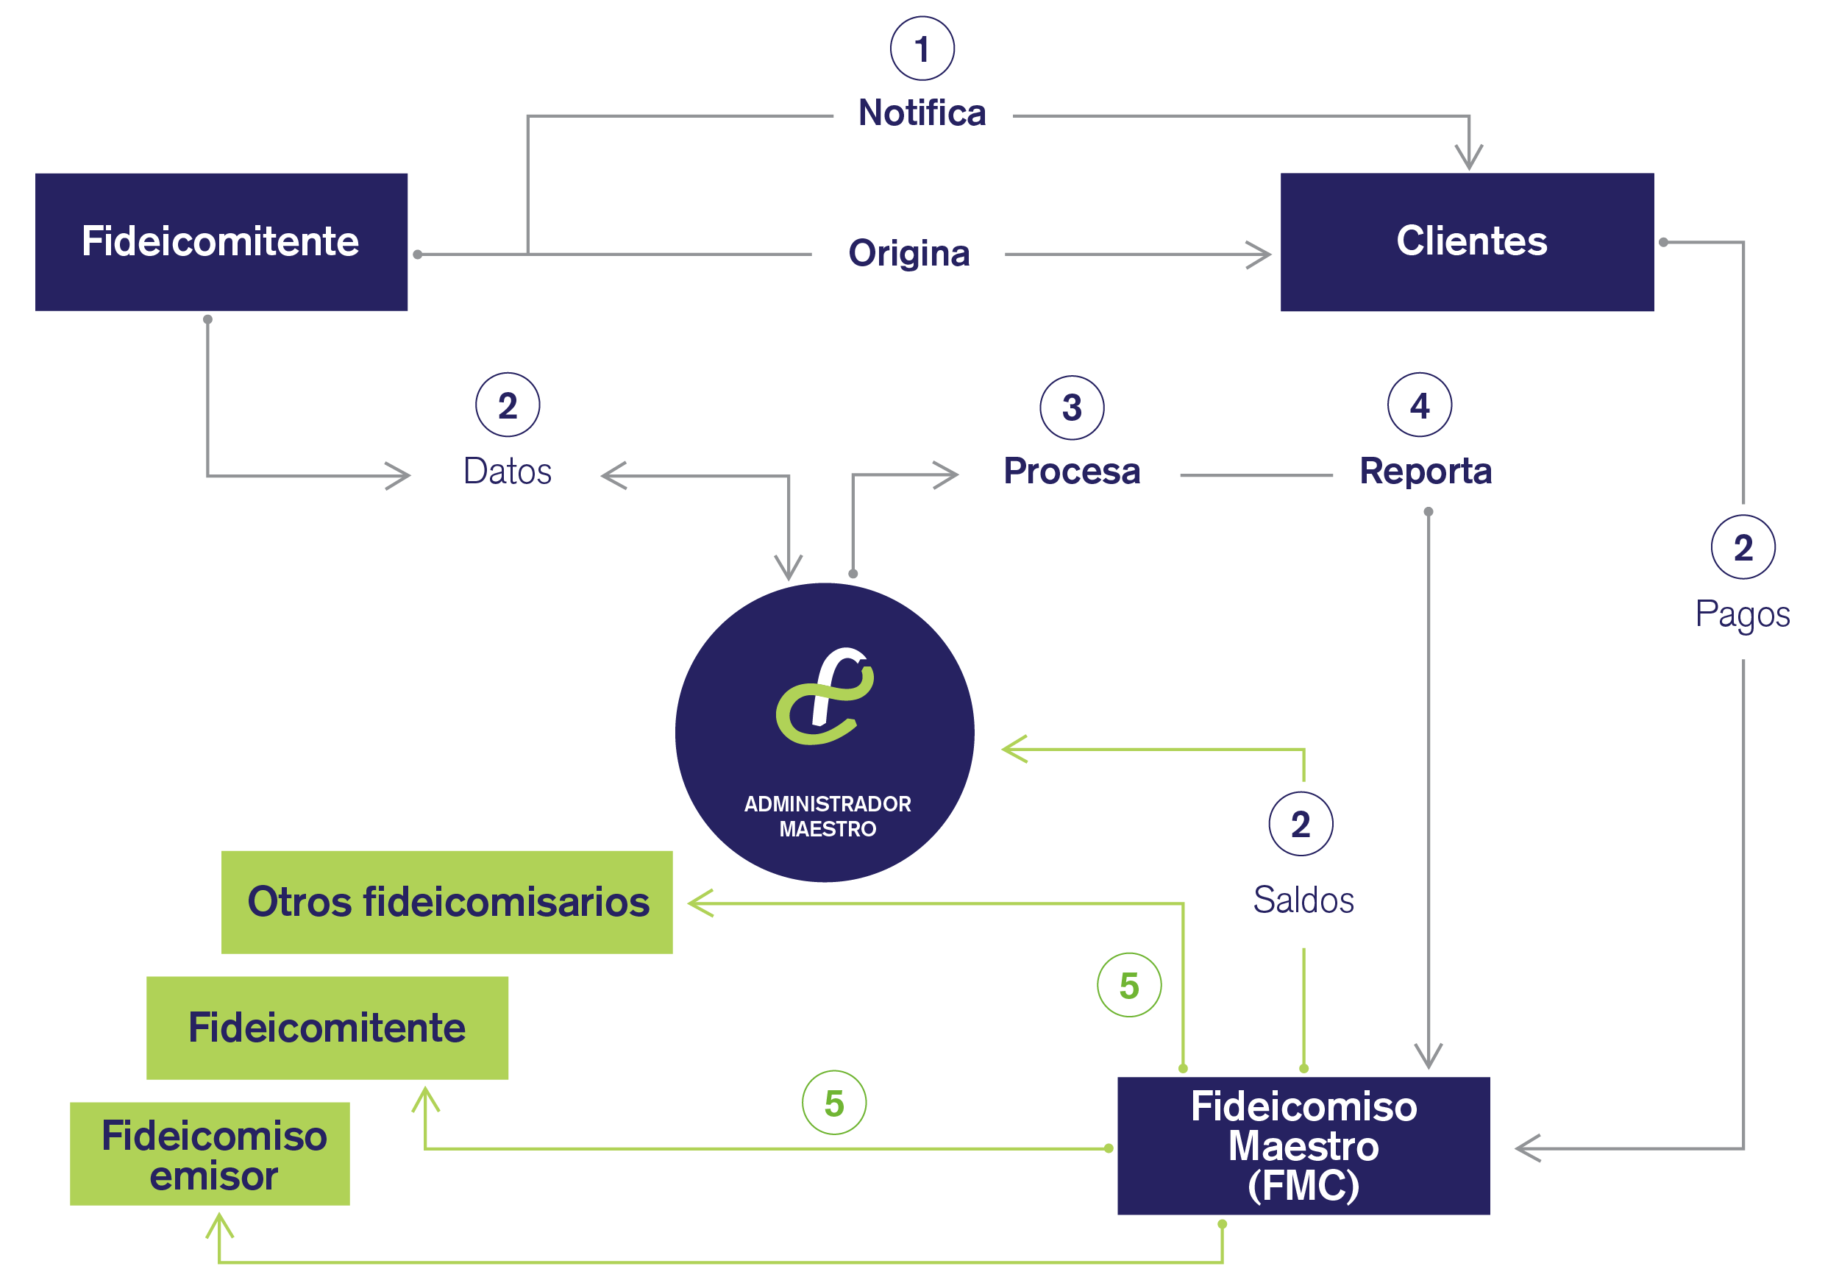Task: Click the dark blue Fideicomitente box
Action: click(221, 242)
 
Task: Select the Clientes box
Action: click(1467, 242)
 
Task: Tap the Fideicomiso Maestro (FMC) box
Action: click(1303, 1145)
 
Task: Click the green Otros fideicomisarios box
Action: click(447, 902)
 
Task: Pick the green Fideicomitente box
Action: click(327, 1028)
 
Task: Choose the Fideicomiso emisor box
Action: click(210, 1153)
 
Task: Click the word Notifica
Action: click(922, 113)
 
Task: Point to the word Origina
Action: click(909, 254)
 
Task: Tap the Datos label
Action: click(508, 471)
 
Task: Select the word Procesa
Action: click(1072, 471)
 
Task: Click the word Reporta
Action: click(1426, 472)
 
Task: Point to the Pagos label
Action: click(1742, 615)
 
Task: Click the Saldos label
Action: click(1303, 900)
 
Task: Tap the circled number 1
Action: click(922, 48)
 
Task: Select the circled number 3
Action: click(1072, 408)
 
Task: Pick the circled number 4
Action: click(1419, 405)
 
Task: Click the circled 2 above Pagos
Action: click(1743, 547)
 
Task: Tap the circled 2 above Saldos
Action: click(1301, 823)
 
